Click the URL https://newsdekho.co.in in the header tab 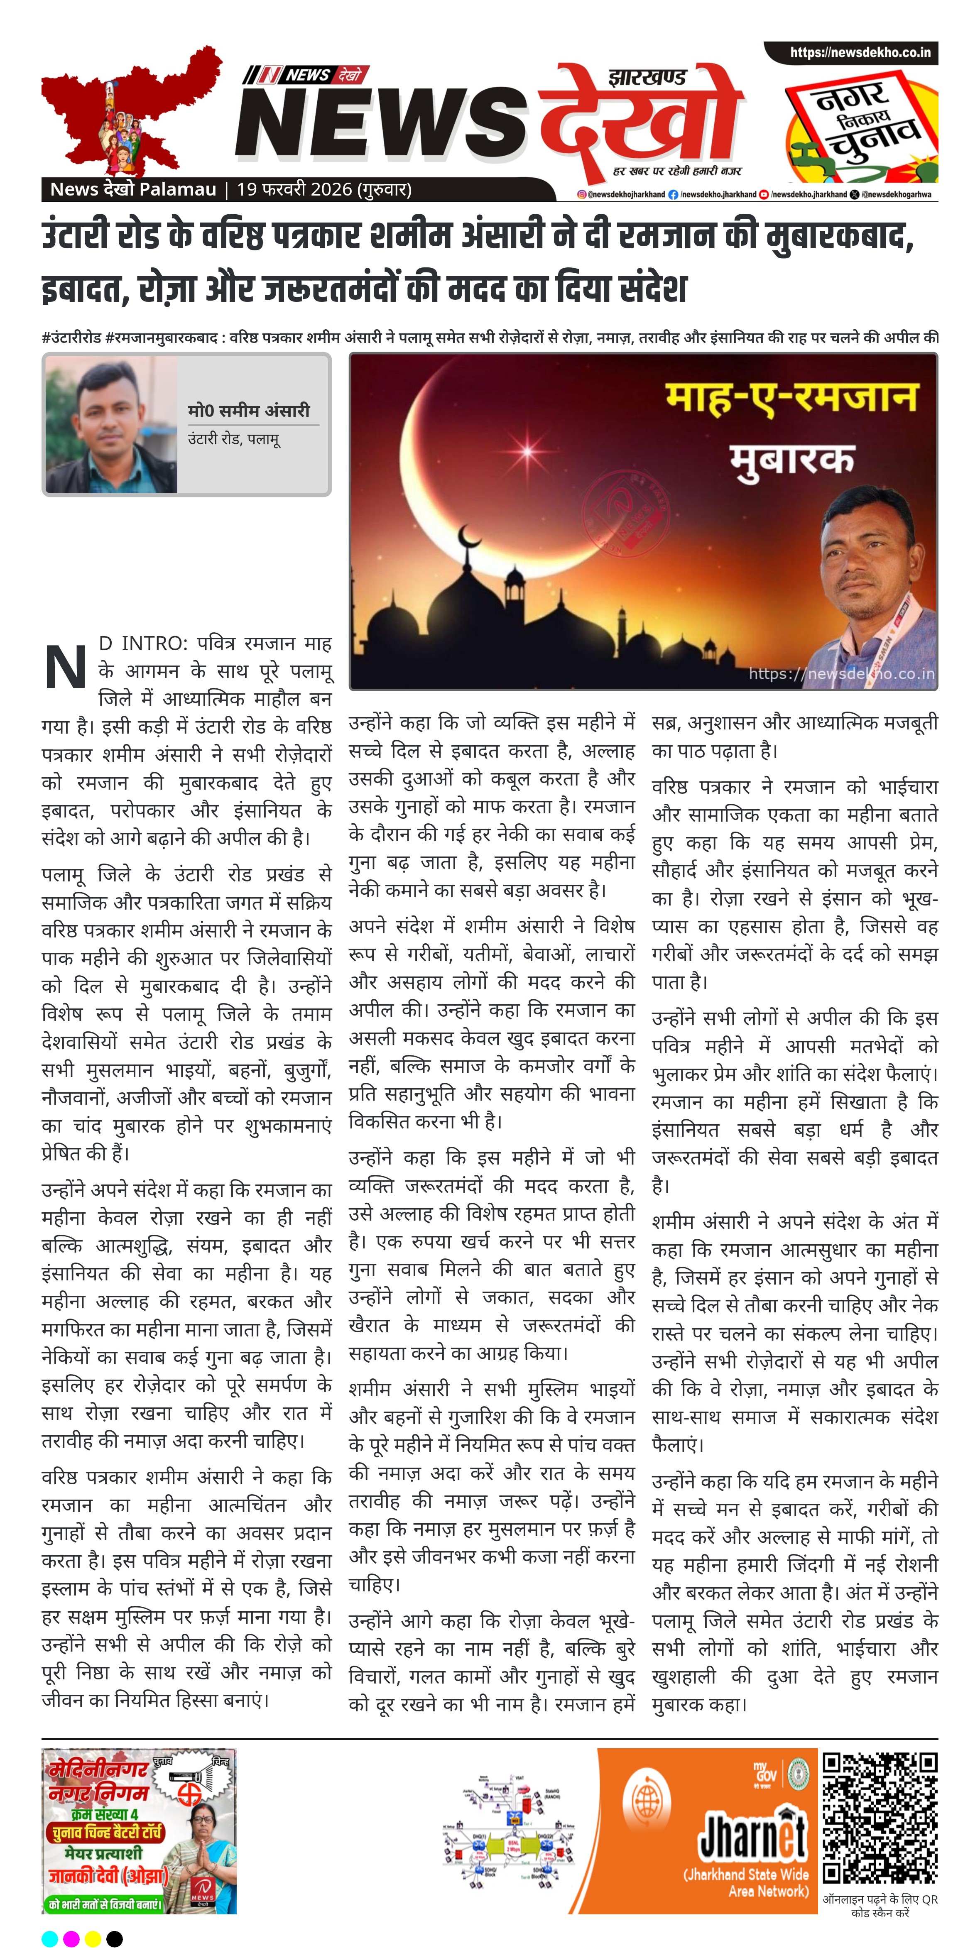tap(860, 52)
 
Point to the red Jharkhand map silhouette tap(129, 106)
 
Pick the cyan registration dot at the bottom tap(50, 1938)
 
